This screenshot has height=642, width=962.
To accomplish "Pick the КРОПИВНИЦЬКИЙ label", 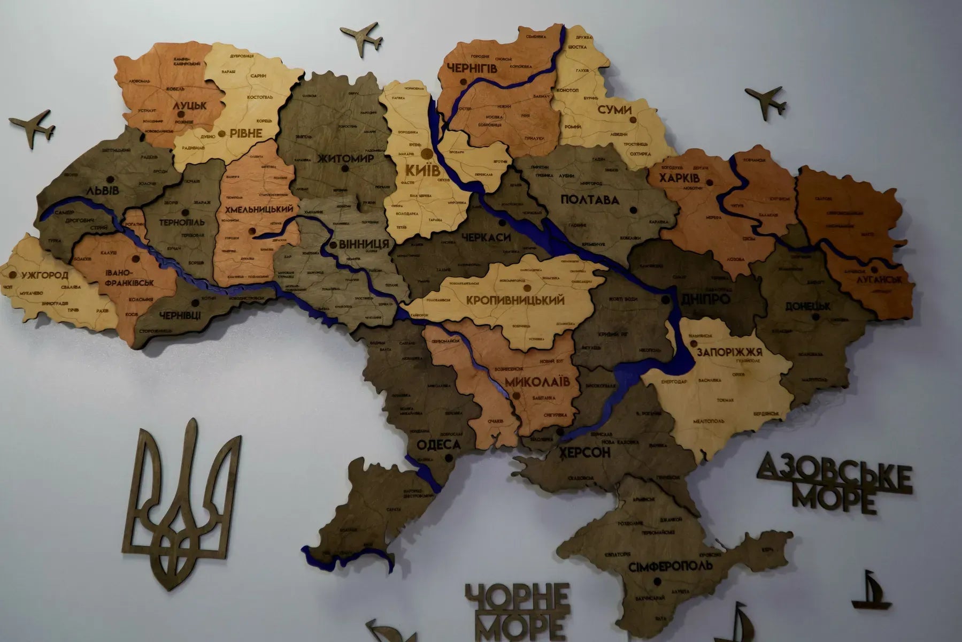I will click(515, 300).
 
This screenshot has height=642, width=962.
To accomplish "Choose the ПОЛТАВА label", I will click(590, 200).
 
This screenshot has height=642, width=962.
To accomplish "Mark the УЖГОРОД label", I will click(45, 276).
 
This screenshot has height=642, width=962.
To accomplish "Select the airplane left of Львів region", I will click(32, 128).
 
